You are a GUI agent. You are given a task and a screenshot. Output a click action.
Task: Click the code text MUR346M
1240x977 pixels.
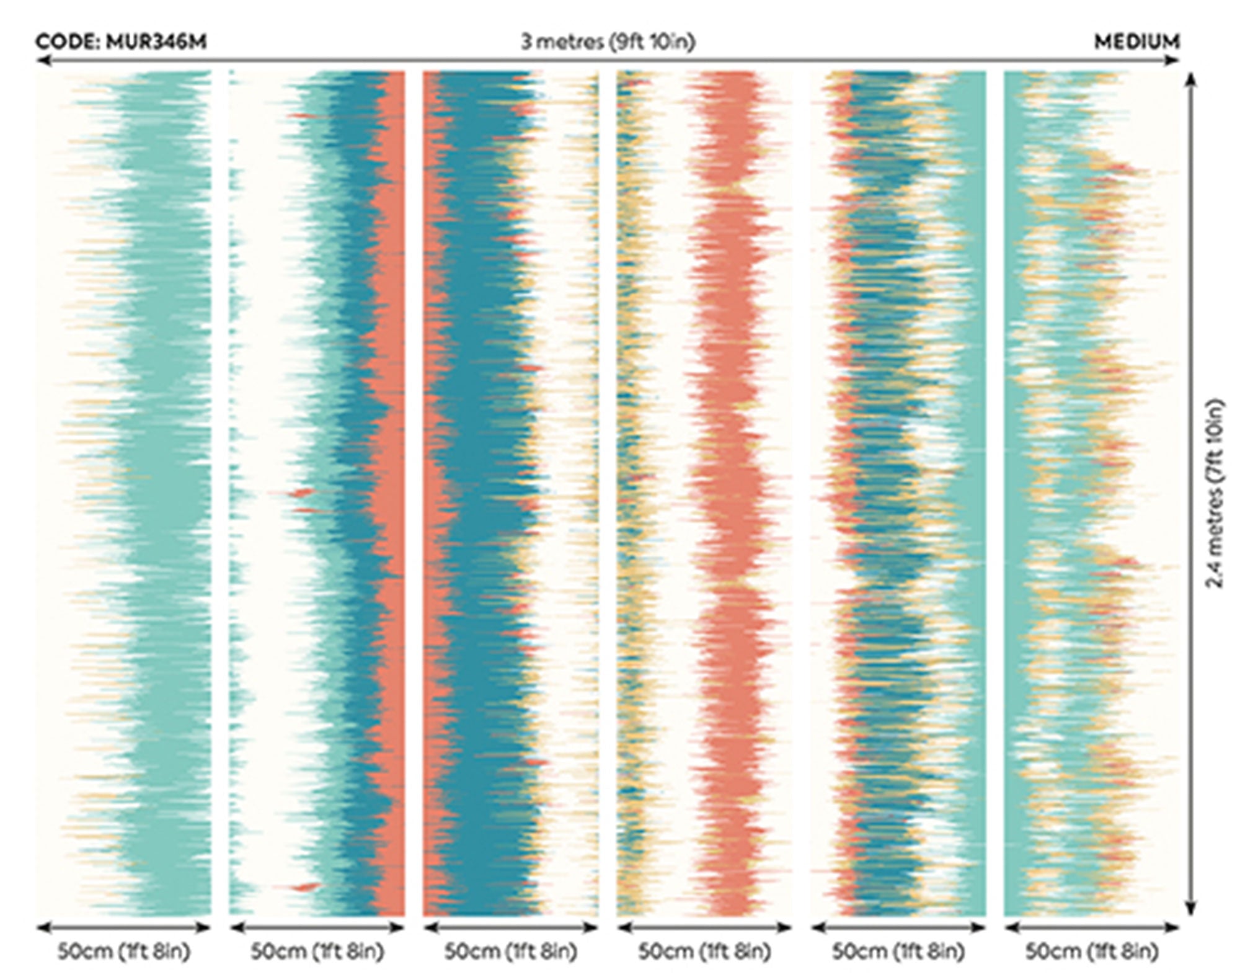click(x=156, y=42)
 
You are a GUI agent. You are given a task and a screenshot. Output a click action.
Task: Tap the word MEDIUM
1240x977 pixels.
click(x=1137, y=42)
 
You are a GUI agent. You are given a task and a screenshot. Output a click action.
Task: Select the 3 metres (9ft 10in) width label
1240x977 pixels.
click(x=608, y=42)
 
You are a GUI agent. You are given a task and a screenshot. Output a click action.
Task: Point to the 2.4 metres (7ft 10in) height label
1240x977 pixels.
click(x=1215, y=493)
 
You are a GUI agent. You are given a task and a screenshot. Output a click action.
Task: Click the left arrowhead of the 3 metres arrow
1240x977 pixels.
click(x=42, y=60)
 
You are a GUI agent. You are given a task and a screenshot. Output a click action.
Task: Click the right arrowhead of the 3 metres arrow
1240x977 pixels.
click(x=1173, y=60)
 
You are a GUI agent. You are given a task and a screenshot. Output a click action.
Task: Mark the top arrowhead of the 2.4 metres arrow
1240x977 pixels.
click(x=1190, y=78)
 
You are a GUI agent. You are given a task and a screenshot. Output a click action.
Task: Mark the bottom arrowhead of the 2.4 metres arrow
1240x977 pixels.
click(x=1190, y=909)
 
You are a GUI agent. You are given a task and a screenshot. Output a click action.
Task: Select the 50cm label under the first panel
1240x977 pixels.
click(x=124, y=952)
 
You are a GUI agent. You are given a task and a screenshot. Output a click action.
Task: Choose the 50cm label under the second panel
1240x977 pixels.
click(x=317, y=952)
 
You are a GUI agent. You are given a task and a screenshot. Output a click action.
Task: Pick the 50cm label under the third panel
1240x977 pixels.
click(x=511, y=952)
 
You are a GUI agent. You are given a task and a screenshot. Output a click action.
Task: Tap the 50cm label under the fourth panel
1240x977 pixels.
click(x=705, y=952)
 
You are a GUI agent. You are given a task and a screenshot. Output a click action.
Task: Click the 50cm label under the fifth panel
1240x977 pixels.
click(x=898, y=952)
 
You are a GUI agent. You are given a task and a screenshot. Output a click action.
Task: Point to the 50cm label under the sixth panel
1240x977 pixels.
click(x=1092, y=952)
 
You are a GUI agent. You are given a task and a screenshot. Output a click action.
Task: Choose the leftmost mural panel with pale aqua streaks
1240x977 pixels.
click(x=124, y=493)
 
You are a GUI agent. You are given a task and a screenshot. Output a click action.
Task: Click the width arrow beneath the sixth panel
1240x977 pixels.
click(x=1092, y=928)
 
